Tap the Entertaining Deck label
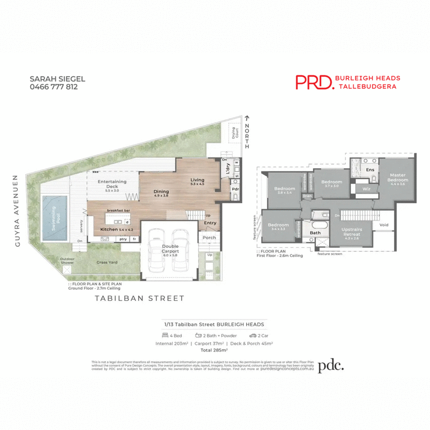pyautogui.click(x=112, y=185)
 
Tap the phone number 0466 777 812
pyautogui.click(x=54, y=87)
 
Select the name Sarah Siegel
pyautogui.click(x=58, y=78)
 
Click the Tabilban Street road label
pyautogui.click(x=139, y=298)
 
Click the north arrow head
pyautogui.click(x=247, y=117)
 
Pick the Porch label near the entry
pyautogui.click(x=209, y=237)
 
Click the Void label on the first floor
pyautogui.click(x=383, y=225)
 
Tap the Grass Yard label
pyautogui.click(x=107, y=263)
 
